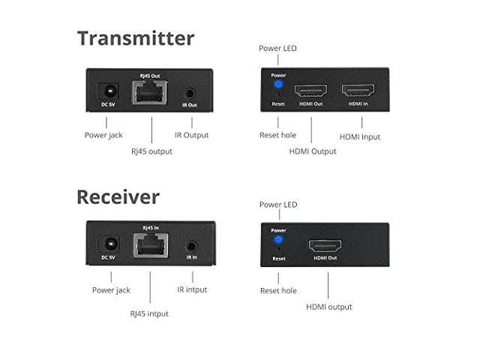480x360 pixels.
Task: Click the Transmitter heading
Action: pyautogui.click(x=135, y=38)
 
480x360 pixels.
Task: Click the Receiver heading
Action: pyautogui.click(x=118, y=197)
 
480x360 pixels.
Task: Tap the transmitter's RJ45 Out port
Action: pyautogui.click(x=150, y=94)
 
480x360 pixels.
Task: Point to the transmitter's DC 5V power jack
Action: pyautogui.click(x=110, y=91)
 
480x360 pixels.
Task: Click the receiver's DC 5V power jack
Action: pyautogui.click(x=110, y=244)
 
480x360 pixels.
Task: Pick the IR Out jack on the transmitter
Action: pyautogui.click(x=190, y=93)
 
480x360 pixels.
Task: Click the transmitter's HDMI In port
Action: pyautogui.click(x=359, y=91)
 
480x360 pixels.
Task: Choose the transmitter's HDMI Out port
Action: pyautogui.click(x=311, y=91)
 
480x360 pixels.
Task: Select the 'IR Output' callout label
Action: pyautogui.click(x=191, y=136)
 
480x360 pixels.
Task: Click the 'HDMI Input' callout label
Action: pyautogui.click(x=360, y=136)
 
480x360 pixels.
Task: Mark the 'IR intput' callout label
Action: pyautogui.click(x=192, y=289)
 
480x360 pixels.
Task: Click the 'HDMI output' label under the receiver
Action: pyautogui.click(x=328, y=306)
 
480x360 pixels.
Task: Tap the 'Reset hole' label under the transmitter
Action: pyautogui.click(x=277, y=136)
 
